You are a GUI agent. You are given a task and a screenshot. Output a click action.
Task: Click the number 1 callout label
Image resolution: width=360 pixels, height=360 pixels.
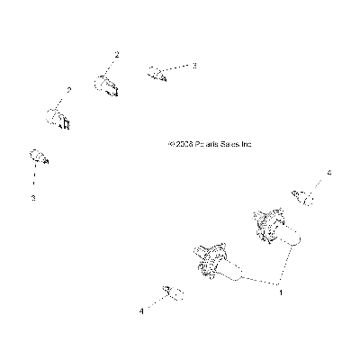coord(281,292)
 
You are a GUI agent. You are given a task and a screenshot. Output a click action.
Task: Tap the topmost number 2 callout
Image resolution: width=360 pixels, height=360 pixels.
coord(117,55)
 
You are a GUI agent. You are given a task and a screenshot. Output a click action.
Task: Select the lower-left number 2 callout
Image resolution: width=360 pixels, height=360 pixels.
coord(69,90)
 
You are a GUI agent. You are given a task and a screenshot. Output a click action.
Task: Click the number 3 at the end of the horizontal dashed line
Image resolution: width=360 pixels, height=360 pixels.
coord(194,66)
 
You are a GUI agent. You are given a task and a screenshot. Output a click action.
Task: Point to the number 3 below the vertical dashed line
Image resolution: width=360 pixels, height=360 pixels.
coord(33,198)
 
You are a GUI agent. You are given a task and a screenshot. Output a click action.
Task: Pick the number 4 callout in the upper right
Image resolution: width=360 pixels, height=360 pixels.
coord(329,173)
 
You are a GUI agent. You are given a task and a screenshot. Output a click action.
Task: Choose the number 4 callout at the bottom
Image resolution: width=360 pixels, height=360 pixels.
coord(141,311)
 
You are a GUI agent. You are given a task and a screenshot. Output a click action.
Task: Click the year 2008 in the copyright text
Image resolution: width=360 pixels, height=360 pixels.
coord(184,144)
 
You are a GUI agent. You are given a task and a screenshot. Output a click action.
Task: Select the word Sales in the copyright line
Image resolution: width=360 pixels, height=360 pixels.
coord(230,144)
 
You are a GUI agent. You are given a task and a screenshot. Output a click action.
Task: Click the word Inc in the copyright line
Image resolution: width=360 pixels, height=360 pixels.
coord(247,144)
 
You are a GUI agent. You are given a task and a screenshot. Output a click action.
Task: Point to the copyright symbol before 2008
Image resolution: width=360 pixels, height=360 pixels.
coord(172,144)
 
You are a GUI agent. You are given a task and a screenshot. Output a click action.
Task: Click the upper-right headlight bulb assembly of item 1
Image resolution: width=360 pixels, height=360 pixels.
coord(275,229)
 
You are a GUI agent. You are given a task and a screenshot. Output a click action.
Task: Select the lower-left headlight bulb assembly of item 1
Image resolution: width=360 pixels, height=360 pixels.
coord(219,263)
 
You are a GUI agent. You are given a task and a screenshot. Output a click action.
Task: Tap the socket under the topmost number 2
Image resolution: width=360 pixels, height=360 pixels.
coord(105,85)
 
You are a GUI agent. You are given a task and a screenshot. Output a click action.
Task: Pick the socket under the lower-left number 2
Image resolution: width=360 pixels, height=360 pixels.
coord(58,119)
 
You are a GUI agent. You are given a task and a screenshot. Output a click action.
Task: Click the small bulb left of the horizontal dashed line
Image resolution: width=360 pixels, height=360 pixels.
coord(157,74)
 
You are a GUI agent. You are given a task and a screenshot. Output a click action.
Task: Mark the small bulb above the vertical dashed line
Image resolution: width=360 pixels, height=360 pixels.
coord(39,157)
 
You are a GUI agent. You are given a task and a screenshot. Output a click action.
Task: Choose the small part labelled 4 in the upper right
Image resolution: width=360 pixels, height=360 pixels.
coord(303,197)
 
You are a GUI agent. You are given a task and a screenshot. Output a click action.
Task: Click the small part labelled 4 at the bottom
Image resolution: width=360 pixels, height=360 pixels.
coord(173,292)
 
